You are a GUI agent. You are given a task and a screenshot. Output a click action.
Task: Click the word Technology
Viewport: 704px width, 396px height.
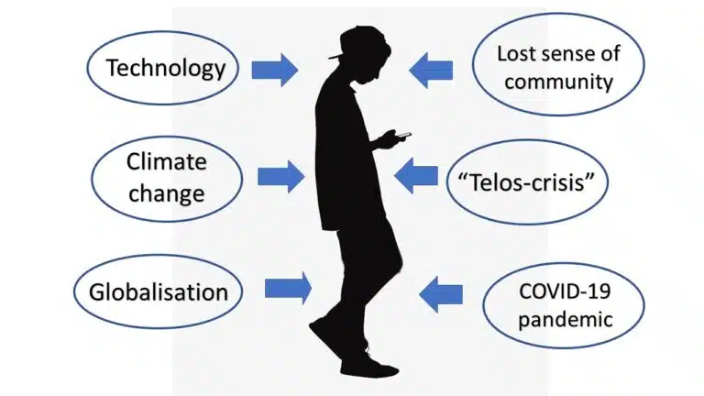166,69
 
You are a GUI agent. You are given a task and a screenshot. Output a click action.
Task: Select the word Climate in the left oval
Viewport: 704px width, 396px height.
167,161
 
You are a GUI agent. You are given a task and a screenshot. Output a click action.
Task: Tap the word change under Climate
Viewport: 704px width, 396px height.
167,194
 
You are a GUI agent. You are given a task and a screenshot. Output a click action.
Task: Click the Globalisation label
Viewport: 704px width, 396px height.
159,292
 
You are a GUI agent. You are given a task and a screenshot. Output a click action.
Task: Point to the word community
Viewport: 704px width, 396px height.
558,82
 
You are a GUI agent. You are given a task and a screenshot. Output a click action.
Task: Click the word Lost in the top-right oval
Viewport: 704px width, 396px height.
516,54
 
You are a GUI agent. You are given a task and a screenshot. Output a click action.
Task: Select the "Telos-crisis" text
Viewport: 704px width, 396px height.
526,182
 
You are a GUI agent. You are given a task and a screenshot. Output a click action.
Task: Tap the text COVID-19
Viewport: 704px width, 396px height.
565,291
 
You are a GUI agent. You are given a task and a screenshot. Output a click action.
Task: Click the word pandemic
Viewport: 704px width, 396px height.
566,320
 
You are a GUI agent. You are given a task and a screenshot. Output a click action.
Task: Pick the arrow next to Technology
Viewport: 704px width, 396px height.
275,70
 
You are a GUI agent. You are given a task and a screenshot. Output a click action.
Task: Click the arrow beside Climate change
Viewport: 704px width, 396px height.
281,177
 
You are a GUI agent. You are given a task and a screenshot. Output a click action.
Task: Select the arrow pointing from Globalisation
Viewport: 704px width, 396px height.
288,288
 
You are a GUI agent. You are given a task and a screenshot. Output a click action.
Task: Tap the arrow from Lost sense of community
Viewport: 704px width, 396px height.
431,71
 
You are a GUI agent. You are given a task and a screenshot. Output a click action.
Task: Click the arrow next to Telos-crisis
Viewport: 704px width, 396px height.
416,176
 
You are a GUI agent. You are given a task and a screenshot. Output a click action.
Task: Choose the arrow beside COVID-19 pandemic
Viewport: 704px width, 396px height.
441,294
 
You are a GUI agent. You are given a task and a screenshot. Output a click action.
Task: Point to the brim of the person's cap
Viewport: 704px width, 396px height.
335,56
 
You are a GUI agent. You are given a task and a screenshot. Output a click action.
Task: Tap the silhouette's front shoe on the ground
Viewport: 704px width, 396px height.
369,369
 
